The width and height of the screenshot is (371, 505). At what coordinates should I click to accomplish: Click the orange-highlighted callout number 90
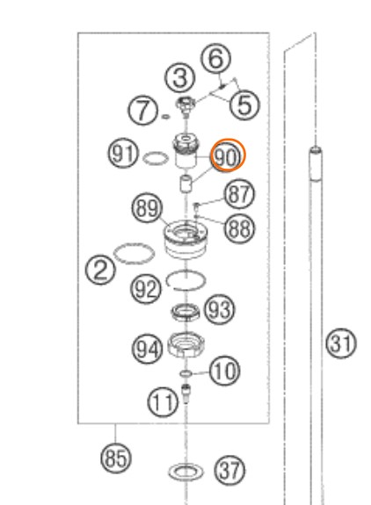229,155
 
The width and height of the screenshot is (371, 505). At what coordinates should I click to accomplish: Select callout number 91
123,154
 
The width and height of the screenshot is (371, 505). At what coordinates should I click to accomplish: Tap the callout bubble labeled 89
147,208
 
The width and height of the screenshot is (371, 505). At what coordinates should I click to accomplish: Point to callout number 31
341,343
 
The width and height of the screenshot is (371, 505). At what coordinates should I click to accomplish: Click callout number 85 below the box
116,458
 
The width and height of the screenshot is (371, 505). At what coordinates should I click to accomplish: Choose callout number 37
229,471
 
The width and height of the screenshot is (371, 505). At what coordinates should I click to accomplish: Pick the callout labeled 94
148,349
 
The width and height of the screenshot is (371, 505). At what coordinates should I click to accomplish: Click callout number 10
225,371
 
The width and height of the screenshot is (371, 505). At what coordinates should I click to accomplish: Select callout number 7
143,110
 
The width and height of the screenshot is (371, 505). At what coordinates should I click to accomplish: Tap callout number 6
216,59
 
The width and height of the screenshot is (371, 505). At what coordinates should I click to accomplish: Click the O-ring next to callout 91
156,158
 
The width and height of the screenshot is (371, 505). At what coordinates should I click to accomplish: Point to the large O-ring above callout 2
135,254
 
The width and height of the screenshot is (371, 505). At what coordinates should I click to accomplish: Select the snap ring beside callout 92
185,280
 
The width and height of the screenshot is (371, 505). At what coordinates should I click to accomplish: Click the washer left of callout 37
186,472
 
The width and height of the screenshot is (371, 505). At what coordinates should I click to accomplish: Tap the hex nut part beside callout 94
186,345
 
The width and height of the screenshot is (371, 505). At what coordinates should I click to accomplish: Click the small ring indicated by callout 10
185,373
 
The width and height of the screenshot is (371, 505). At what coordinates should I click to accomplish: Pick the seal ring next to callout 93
185,312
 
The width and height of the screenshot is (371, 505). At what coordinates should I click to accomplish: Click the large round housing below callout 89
186,239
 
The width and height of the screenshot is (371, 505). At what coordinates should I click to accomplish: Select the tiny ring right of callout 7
165,116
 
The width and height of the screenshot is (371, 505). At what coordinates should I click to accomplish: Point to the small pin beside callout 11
185,393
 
